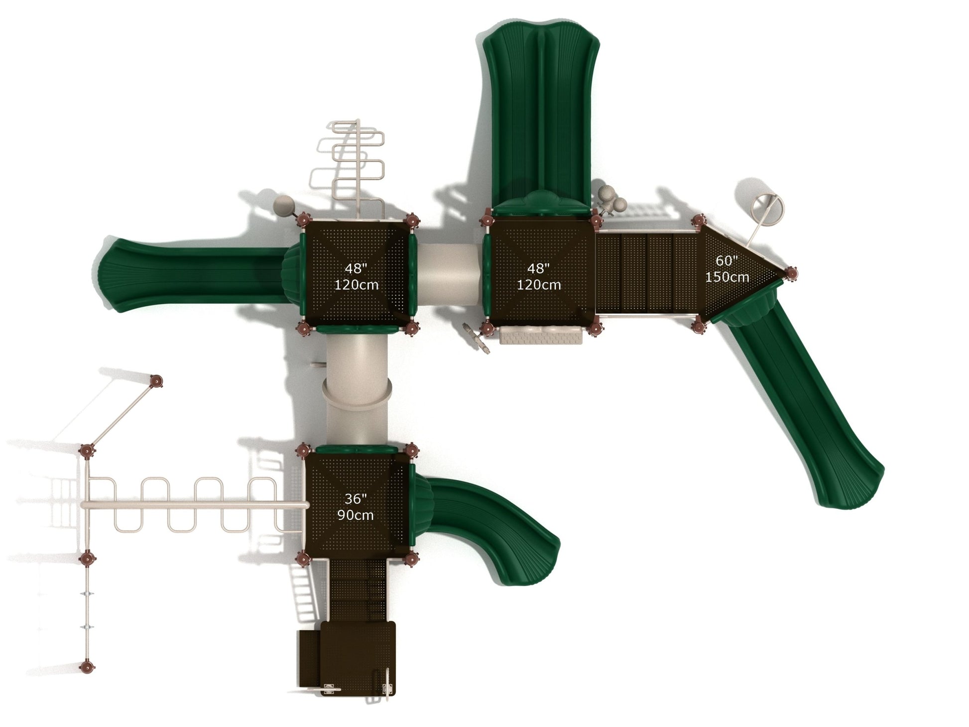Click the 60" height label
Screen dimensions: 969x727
pos(727,261)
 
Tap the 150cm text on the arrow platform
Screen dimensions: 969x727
pos(727,277)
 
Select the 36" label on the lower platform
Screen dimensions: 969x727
pos(356,499)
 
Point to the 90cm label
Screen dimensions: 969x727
pos(356,515)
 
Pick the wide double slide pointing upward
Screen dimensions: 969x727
pos(541,120)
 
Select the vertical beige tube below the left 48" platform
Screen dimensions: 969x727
pos(356,388)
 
